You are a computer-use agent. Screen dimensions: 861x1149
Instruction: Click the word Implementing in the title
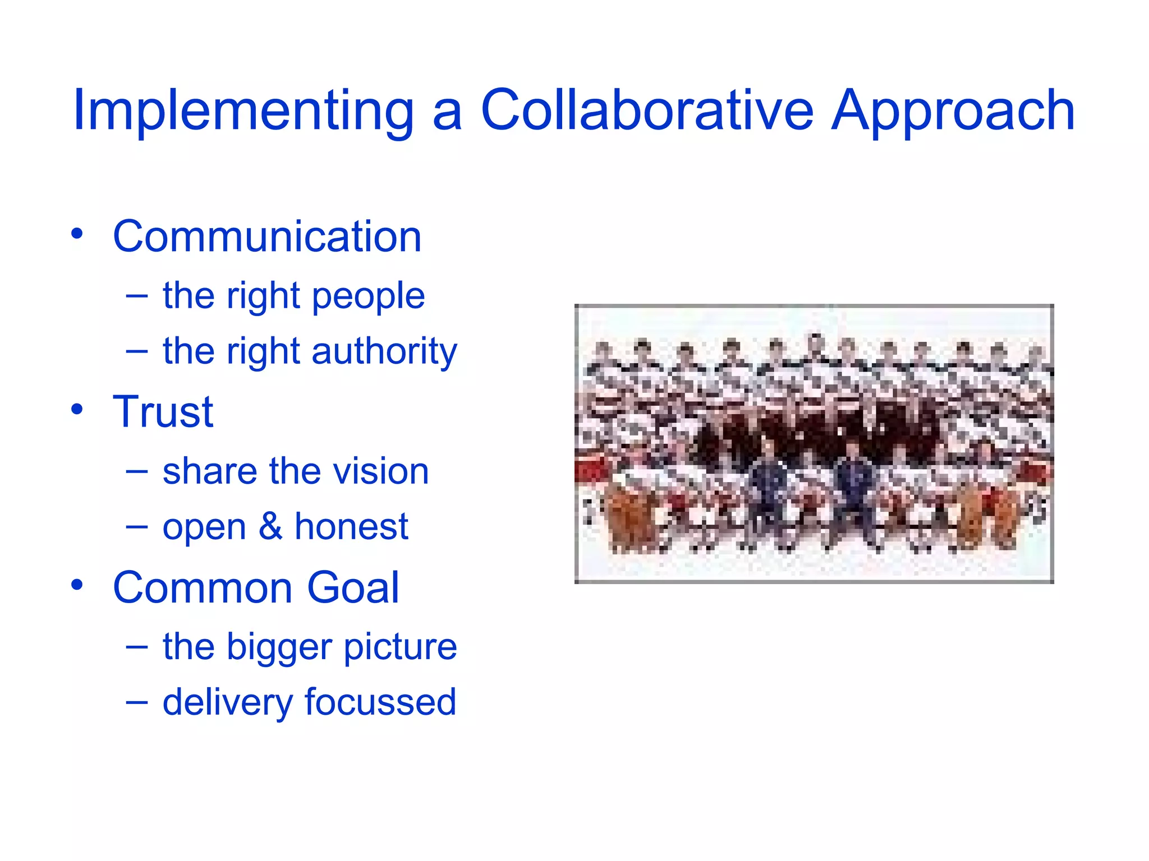pyautogui.click(x=243, y=112)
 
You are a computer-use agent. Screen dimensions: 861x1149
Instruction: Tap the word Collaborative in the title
pyautogui.click(x=647, y=110)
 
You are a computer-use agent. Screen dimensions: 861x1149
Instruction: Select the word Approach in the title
pyautogui.click(x=953, y=112)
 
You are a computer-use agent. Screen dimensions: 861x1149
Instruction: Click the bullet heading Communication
pyautogui.click(x=267, y=237)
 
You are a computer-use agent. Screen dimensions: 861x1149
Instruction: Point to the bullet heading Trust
pyautogui.click(x=163, y=412)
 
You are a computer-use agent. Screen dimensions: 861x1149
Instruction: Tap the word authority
pyautogui.click(x=384, y=352)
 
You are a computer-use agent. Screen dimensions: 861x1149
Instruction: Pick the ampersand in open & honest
pyautogui.click(x=270, y=526)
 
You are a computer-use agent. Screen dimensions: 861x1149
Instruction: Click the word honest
pyautogui.click(x=351, y=526)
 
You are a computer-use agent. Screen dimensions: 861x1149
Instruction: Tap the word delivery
pyautogui.click(x=227, y=703)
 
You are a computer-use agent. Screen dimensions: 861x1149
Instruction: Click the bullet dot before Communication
pyautogui.click(x=77, y=233)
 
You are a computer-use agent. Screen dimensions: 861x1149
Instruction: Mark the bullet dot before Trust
pyautogui.click(x=77, y=409)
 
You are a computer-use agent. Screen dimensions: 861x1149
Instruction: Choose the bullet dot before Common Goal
pyautogui.click(x=77, y=585)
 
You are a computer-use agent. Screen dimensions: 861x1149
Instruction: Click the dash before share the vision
pyautogui.click(x=137, y=472)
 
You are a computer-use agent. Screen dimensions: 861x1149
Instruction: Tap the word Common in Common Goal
pyautogui.click(x=203, y=588)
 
